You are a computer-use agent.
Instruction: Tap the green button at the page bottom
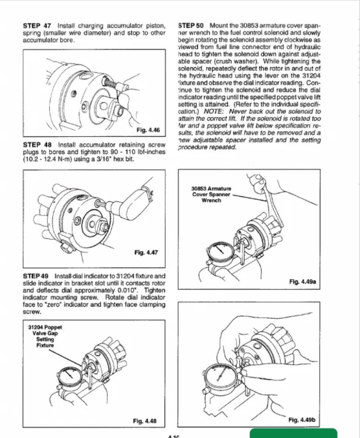pos(293,433)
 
